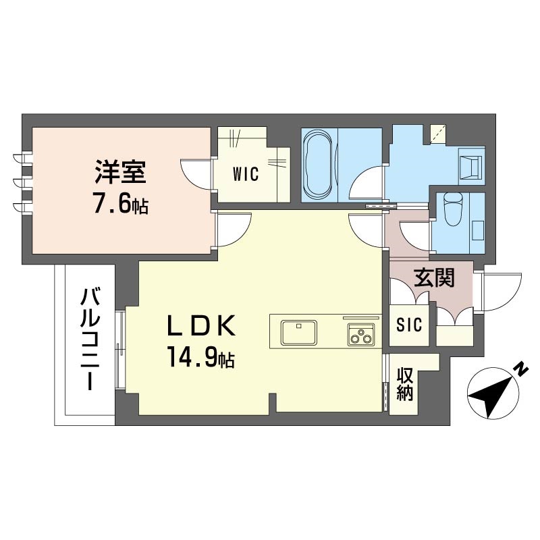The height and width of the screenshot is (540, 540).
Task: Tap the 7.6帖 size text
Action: pyautogui.click(x=119, y=203)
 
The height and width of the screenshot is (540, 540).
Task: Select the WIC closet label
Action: pyautogui.click(x=246, y=174)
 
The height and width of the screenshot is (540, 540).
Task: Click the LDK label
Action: pyautogui.click(x=201, y=327)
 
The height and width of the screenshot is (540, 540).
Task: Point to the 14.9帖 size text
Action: pyautogui.click(x=201, y=358)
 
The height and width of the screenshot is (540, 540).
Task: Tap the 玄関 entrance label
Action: pyautogui.click(x=433, y=277)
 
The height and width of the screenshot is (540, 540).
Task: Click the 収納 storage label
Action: pyautogui.click(x=404, y=383)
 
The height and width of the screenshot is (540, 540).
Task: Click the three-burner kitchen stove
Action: pyautogui.click(x=361, y=334)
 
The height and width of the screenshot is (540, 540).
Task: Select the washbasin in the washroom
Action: pyautogui.click(x=470, y=165)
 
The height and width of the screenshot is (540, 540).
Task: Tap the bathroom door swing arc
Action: pyautogui.click(x=370, y=182)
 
